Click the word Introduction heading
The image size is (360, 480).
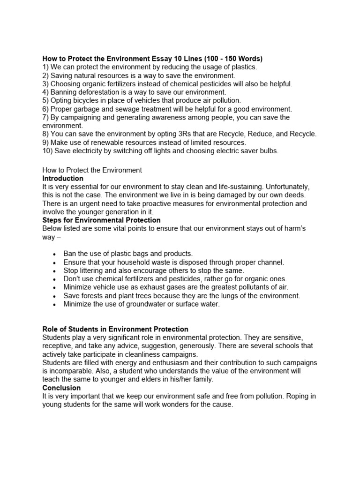[63, 179]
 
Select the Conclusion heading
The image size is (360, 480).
[61, 388]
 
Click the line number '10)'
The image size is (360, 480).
[48, 151]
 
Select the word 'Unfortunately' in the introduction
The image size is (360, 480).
[283, 187]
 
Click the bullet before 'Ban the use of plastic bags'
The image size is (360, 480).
[55, 254]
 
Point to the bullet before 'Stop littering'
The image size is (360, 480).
[55, 271]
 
